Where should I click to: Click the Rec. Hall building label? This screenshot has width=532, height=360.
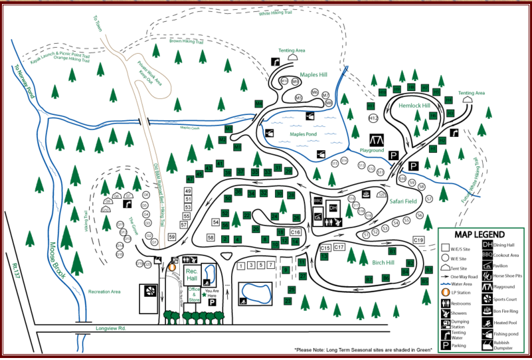point(192,275)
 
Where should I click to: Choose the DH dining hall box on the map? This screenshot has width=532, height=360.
point(333,208)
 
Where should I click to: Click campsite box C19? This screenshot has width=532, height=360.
point(418,240)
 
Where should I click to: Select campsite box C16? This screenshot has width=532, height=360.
point(296,232)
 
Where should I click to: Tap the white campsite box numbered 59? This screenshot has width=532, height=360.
point(172,236)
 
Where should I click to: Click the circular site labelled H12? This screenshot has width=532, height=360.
point(373,118)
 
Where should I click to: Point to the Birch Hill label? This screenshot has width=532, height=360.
point(383,262)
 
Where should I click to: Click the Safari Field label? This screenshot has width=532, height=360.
point(403,201)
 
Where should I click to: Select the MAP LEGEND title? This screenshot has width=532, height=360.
point(480,234)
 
